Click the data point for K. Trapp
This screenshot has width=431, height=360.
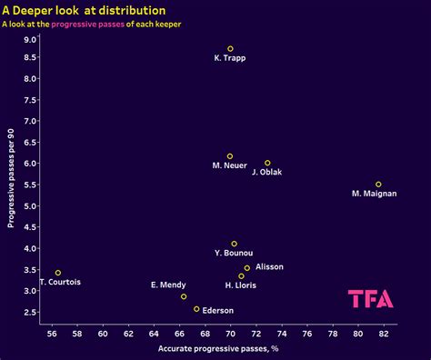[230, 49]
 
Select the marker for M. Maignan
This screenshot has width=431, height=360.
[378, 185]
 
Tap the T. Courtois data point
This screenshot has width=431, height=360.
[58, 273]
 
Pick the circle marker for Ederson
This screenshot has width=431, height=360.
[196, 309]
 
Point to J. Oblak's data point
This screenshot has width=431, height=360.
[267, 163]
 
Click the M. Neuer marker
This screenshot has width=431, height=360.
[230, 156]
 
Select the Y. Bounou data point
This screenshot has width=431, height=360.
[234, 244]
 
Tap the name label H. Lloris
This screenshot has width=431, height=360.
[240, 285]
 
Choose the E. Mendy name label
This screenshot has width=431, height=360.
[168, 285]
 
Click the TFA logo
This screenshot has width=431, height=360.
[371, 298]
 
